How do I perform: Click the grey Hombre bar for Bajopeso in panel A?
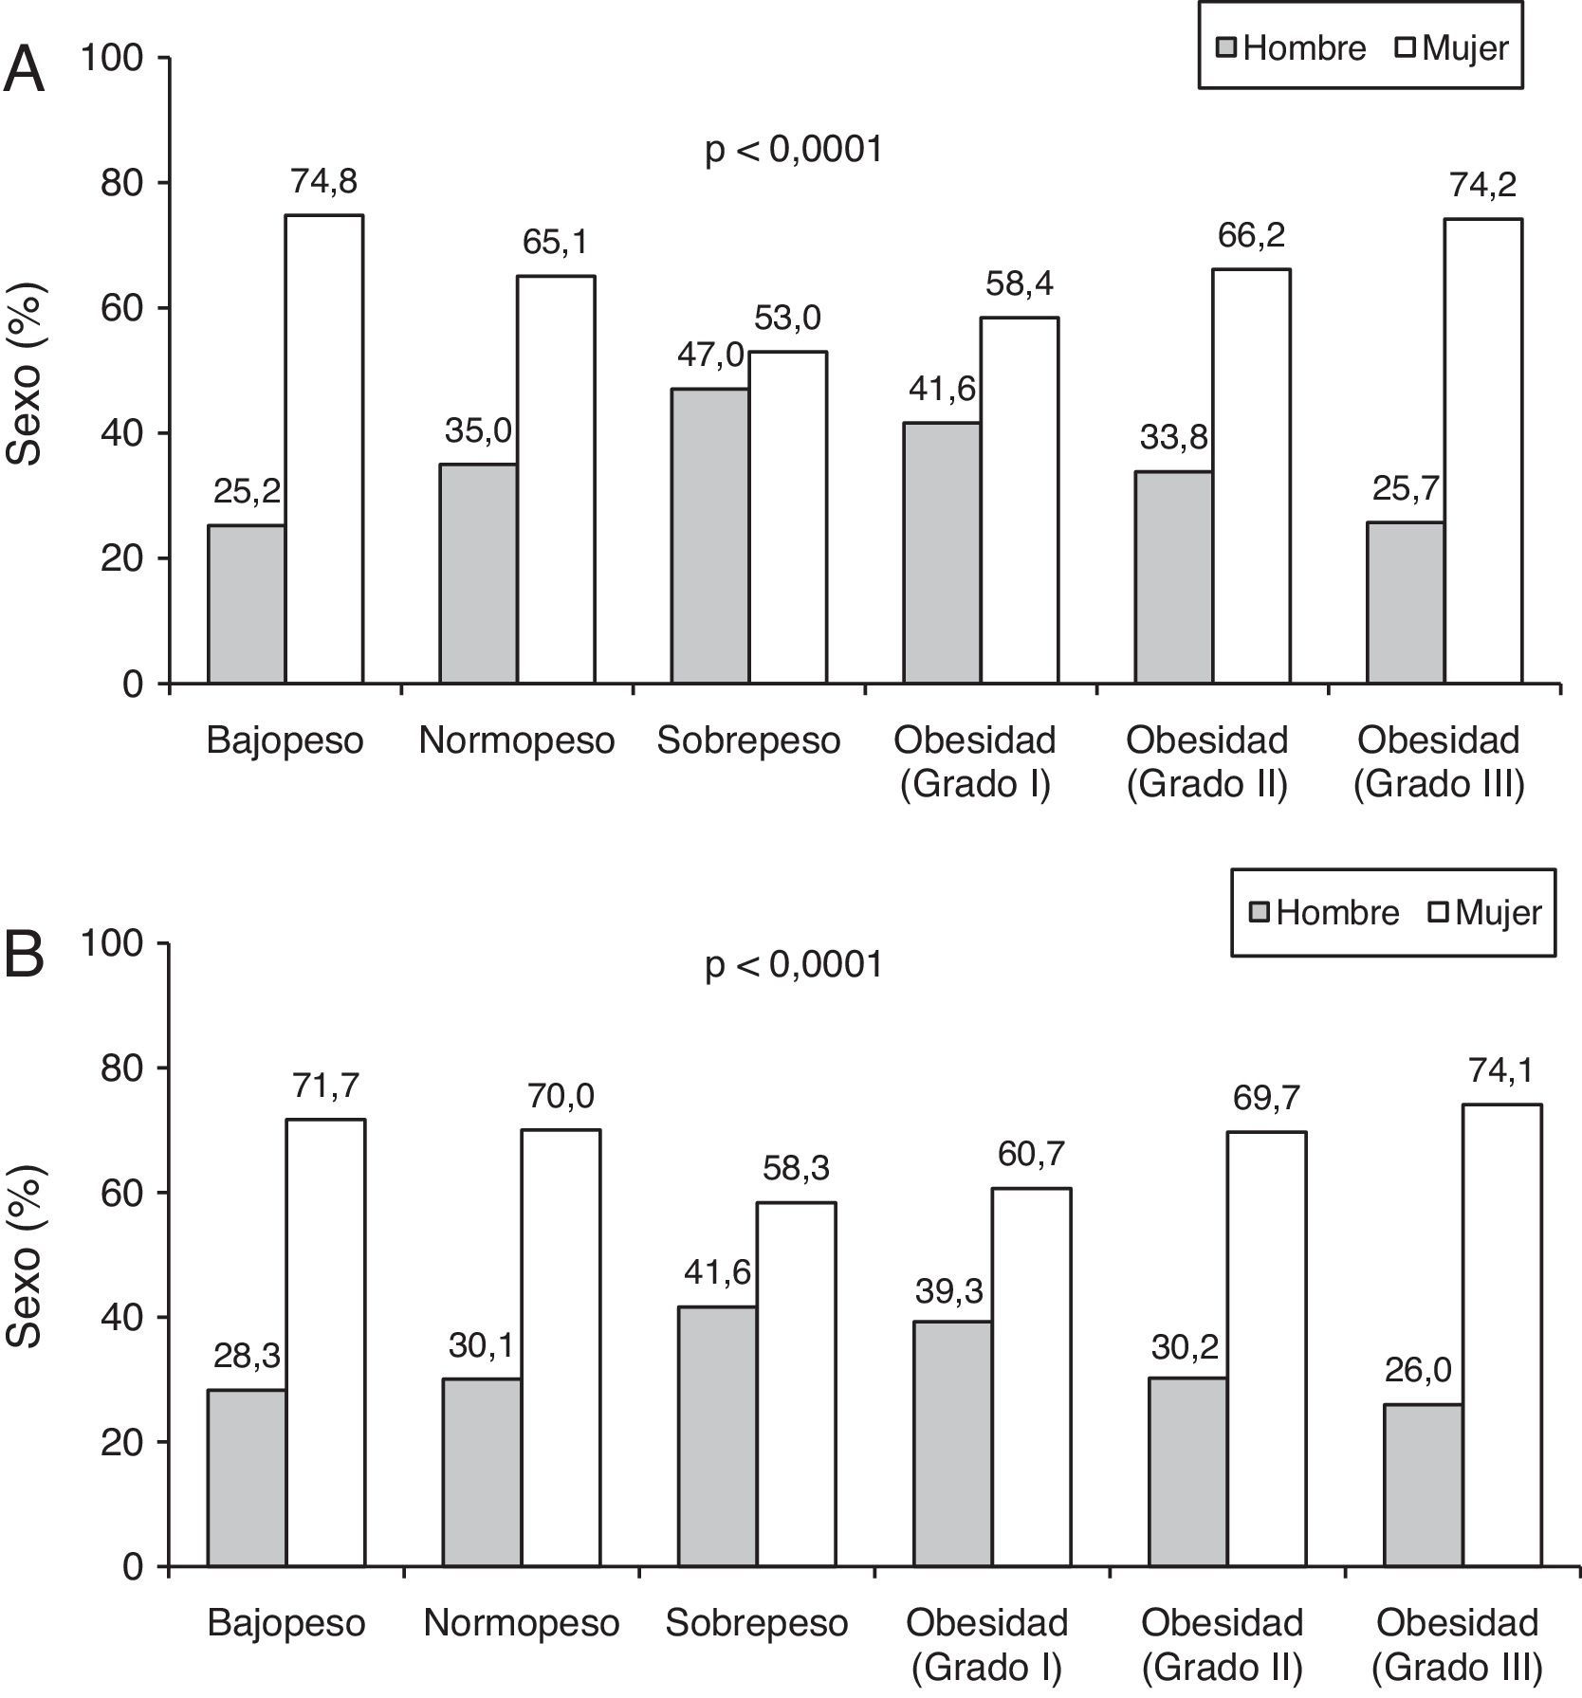[x=247, y=604]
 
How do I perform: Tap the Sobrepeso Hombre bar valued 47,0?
[x=710, y=536]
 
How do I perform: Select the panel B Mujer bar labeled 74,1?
[x=1501, y=1335]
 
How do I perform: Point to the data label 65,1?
[x=555, y=243]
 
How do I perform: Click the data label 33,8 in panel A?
[x=1173, y=438]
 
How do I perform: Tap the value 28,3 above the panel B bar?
[x=246, y=1357]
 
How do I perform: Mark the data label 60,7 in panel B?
[x=1031, y=1154]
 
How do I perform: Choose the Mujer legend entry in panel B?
[x=1484, y=912]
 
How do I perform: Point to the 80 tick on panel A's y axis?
[x=122, y=182]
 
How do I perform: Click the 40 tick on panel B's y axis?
[x=122, y=1318]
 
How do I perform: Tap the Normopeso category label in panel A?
[x=517, y=740]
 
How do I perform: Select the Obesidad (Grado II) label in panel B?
[x=1222, y=1644]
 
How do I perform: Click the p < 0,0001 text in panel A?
[x=794, y=149]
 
